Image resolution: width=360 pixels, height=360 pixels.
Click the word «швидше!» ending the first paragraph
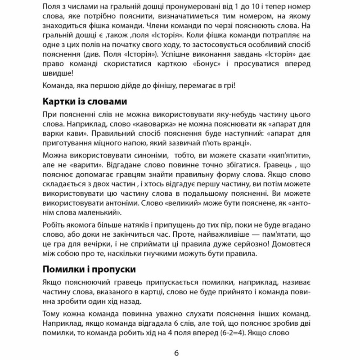[55, 74]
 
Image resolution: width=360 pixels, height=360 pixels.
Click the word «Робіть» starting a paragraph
[53, 224]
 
